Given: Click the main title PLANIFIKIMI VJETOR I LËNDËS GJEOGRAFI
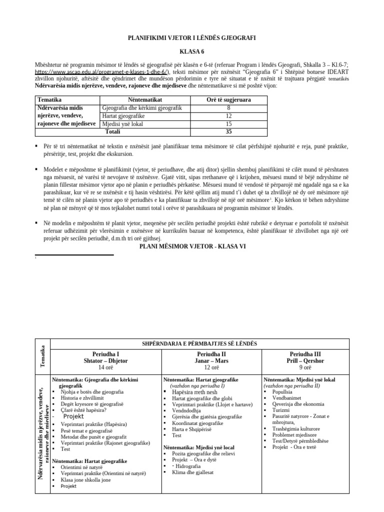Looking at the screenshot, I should [191, 38].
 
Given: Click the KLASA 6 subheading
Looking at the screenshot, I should [191, 51].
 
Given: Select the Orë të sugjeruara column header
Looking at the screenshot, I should [228, 100].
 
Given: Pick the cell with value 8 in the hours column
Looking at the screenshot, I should [228, 107].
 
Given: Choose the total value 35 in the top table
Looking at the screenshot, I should [228, 132].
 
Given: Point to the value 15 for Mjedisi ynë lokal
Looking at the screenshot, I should [228, 123].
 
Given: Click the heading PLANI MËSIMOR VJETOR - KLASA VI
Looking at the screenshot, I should [191, 246].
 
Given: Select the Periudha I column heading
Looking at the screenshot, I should [105, 353].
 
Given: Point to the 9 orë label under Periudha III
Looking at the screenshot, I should [305, 367].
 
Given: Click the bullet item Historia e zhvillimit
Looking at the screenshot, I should [82, 398].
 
